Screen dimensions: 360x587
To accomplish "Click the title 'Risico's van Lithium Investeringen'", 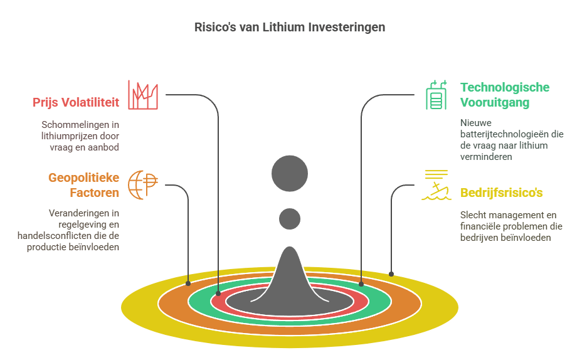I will (289, 28).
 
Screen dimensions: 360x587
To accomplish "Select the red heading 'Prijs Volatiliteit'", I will (76, 102).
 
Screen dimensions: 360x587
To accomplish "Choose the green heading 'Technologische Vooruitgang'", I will (504, 94).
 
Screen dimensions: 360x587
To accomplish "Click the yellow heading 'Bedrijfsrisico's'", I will (502, 193).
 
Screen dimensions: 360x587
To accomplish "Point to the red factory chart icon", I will (143, 95).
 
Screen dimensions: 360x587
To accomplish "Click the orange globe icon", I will (142, 184).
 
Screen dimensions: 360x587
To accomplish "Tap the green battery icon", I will (436, 95).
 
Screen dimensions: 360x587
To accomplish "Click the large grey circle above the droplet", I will (290, 173).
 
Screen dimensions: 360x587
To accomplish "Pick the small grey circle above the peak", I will (290, 218).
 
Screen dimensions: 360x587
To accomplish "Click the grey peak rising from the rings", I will (290, 276).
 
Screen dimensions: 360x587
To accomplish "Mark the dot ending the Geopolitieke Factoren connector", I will (189, 283).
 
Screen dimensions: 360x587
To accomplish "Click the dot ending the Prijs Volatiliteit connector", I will (218, 293).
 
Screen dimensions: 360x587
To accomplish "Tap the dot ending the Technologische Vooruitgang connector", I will (361, 283).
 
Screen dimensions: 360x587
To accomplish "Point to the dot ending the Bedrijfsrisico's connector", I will (391, 273).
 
